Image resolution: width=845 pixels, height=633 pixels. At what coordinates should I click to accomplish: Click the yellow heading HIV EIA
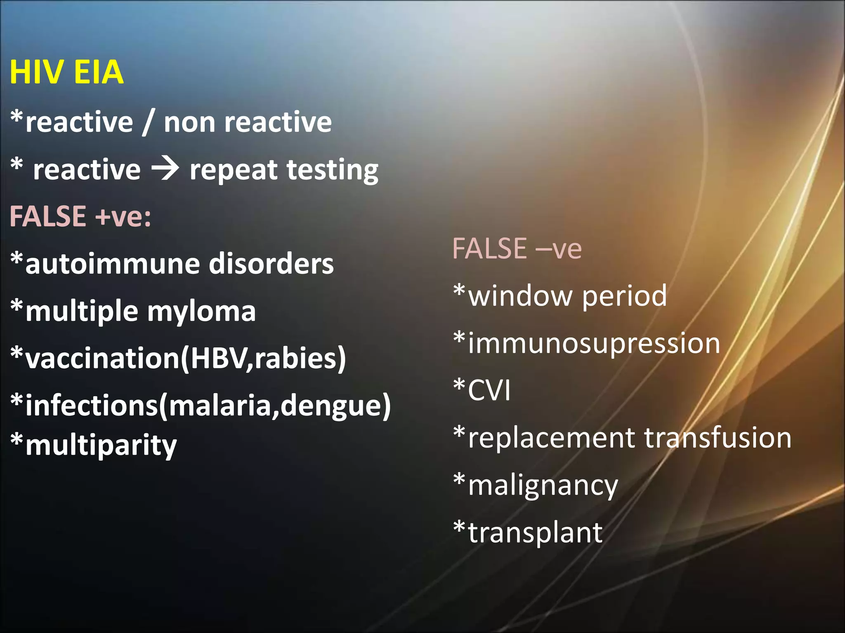(66, 72)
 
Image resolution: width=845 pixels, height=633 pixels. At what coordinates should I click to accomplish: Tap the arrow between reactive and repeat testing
(165, 169)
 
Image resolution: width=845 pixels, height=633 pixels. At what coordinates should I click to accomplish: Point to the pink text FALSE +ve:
(80, 216)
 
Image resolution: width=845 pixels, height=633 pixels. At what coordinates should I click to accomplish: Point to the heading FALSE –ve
(517, 249)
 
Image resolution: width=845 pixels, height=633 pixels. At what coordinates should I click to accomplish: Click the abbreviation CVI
(489, 390)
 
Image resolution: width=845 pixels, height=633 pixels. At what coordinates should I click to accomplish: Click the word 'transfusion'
(718, 438)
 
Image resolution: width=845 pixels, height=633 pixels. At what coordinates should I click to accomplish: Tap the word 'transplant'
(535, 533)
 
